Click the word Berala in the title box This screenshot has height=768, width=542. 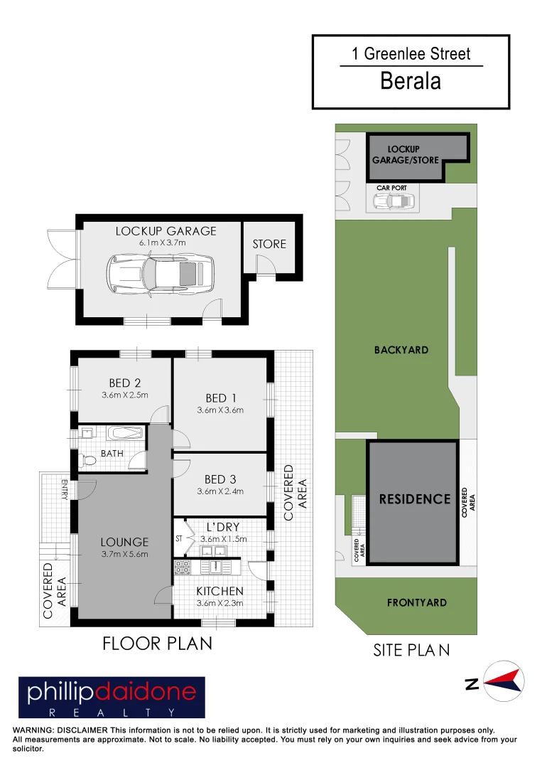411,81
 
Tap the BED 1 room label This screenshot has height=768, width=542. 220,398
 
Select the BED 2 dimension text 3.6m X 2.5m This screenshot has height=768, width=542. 124,395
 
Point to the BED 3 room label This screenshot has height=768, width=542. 219,479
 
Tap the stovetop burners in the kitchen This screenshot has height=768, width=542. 182,567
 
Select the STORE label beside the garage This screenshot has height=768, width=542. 269,244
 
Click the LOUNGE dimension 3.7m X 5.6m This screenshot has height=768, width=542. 124,554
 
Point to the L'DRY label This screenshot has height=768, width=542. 222,527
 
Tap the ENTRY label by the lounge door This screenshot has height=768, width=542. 64,490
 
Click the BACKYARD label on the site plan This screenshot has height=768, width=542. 401,350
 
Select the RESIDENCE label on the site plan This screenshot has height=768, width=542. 415,499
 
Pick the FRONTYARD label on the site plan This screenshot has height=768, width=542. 417,602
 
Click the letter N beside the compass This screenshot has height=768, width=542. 471,684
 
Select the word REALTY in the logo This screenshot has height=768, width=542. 112,712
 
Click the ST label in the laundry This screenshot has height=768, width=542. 179,539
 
